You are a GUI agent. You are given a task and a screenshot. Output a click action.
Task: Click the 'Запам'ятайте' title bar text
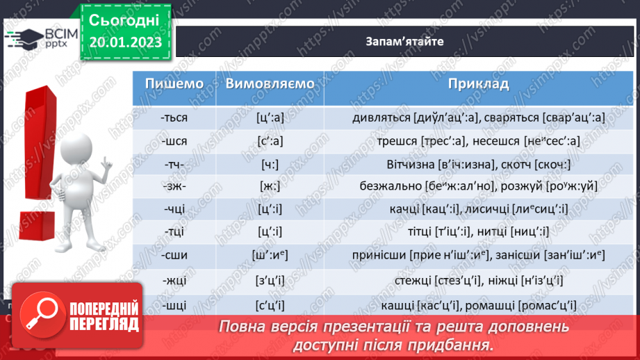pos(404,41)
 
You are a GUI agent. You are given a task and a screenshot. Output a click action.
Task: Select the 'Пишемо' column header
pos(174,84)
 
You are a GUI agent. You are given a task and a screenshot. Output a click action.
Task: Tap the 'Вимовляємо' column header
pos(270,84)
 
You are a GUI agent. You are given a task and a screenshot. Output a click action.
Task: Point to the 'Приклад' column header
pos(478,84)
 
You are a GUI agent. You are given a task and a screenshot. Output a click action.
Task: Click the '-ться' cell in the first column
pos(174,117)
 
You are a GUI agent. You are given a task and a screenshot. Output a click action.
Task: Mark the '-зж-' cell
pos(174,187)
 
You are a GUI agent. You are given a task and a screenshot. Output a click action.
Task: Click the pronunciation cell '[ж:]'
pos(270,187)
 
